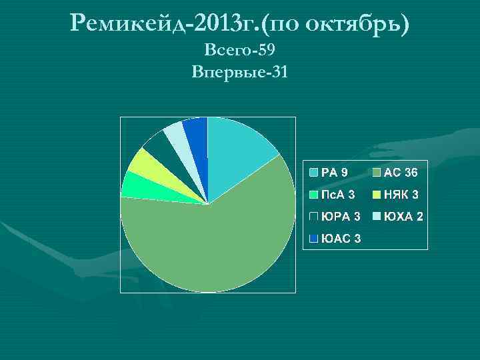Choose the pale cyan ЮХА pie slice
(x=176, y=136)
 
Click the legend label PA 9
(x=334, y=173)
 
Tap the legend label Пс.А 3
(x=338, y=195)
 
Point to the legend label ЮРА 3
(x=341, y=217)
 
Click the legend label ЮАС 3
(x=341, y=239)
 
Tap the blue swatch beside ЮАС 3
(x=313, y=239)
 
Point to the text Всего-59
(x=239, y=50)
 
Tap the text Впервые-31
(x=239, y=71)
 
